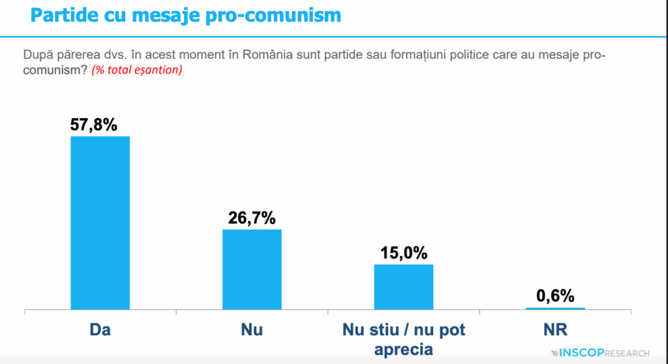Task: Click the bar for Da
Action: click(100, 222)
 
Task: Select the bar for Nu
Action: click(252, 269)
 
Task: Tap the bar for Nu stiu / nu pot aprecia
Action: click(403, 286)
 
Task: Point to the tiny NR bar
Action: click(555, 308)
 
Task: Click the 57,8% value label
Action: click(94, 124)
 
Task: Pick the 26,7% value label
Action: click(252, 218)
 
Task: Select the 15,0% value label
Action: click(403, 252)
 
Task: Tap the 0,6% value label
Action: click(555, 296)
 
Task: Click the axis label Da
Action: click(100, 330)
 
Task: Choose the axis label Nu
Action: click(252, 330)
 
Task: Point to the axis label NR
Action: click(555, 330)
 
